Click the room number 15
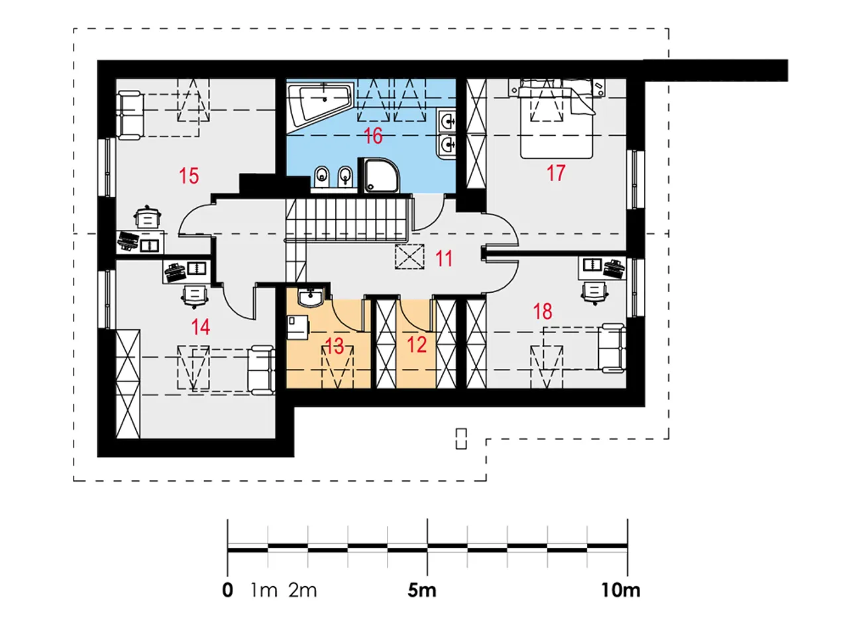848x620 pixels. [x=189, y=176]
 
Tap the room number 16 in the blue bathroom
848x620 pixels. [x=373, y=136]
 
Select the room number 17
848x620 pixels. [x=556, y=173]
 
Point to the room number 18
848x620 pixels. [x=543, y=311]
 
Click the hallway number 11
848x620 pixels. [x=444, y=259]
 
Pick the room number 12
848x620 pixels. [x=417, y=345]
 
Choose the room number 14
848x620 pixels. [x=200, y=327]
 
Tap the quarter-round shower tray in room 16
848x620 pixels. [x=381, y=176]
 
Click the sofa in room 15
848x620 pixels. [x=131, y=115]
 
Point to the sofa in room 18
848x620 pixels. [x=611, y=348]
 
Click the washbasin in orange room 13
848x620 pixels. [x=311, y=297]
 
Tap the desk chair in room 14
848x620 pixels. [x=195, y=296]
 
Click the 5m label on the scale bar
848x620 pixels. [x=422, y=590]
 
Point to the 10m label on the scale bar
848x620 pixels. [x=621, y=590]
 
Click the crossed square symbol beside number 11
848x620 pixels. [x=409, y=257]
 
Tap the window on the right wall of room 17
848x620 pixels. [x=635, y=180]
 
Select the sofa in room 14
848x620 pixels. [x=261, y=370]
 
